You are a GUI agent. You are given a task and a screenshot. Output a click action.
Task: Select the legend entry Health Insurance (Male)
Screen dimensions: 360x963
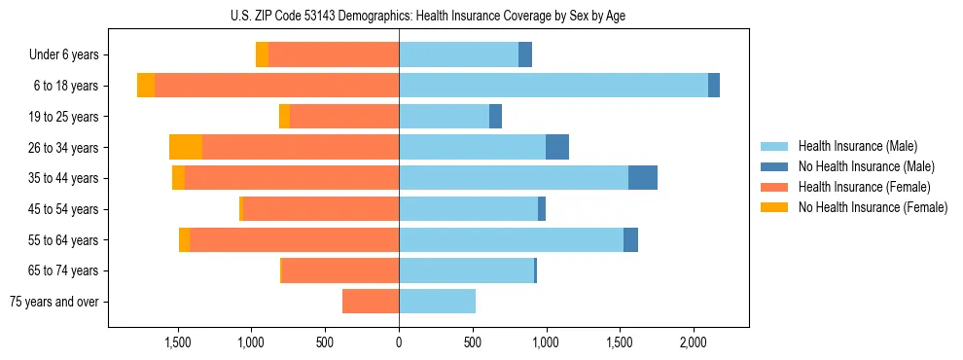(857, 146)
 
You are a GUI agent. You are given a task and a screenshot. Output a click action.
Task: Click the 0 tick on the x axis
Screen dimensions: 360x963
(399, 342)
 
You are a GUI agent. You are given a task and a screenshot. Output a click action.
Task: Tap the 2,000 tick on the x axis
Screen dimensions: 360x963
(693, 342)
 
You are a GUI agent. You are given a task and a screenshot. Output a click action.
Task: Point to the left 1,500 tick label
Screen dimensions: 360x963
(178, 342)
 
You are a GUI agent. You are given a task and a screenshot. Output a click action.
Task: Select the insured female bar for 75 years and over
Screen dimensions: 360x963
(371, 302)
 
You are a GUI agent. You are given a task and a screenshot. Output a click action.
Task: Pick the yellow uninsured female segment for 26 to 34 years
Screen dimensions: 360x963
(186, 147)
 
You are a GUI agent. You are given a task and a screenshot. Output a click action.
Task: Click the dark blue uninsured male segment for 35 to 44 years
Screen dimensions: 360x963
(643, 178)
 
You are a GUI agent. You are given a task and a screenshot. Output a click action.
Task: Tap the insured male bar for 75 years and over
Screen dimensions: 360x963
(437, 302)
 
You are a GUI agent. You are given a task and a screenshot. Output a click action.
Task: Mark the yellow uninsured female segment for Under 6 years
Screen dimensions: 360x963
(262, 55)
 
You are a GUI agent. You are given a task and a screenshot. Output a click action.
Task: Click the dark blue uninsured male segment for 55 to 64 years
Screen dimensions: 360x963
(630, 239)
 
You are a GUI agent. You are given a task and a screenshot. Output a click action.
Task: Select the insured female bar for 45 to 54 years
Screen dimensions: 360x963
(321, 209)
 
